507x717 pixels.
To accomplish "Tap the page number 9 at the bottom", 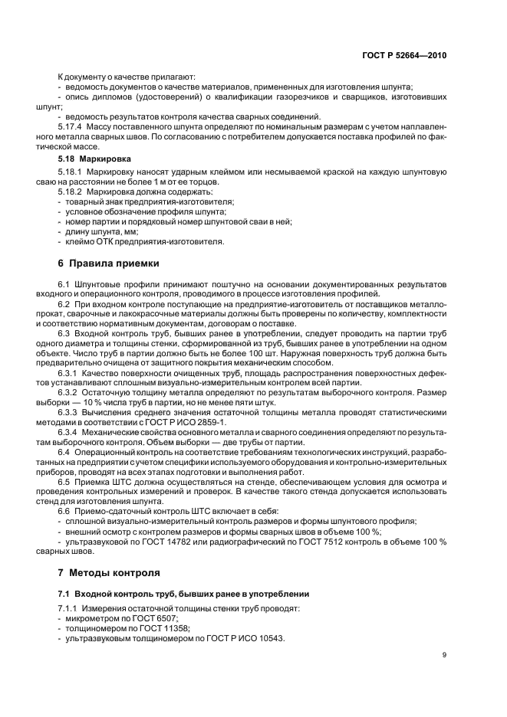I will click(446, 654).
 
